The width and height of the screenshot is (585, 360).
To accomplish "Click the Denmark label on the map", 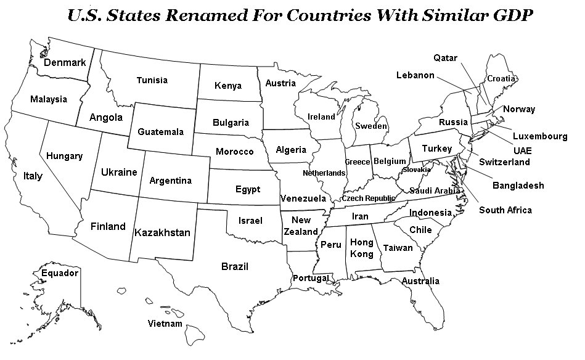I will point(65,62).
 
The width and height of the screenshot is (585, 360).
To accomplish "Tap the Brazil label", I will point(234,266).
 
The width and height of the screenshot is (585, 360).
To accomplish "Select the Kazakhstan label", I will point(162,232).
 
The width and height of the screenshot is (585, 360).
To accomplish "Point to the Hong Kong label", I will point(362,248).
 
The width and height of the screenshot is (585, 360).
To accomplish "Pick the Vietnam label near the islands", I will point(165,324).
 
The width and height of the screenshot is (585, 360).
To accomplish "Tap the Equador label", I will point(60,272).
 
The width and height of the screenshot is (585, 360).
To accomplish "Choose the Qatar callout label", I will point(445,58).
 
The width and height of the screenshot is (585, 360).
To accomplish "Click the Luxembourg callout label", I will point(540,136).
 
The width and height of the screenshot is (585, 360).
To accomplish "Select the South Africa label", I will point(505,210).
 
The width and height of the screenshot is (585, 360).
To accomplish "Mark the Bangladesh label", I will point(518,186).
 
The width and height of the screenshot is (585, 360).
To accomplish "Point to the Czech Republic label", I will point(368,198).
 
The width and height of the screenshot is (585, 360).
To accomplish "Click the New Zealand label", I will point(301,226).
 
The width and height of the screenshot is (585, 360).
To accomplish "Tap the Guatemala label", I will point(160,132).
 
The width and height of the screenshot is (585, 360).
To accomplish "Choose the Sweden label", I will point(371,126).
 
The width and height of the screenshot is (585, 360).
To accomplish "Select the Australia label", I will point(420,281).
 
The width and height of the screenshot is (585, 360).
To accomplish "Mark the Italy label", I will point(33,176).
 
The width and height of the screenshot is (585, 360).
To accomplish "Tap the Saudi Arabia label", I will point(435,191).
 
